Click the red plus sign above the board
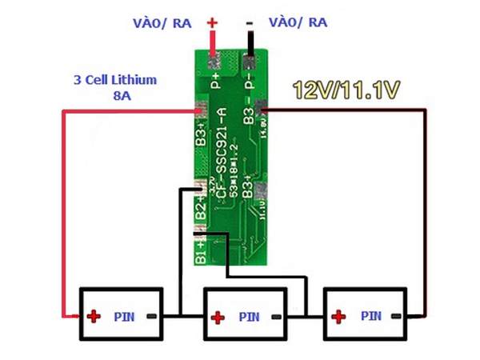tap(212, 22)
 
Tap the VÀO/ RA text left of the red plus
tap(160, 23)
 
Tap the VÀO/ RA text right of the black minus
tap(298, 22)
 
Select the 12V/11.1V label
tap(346, 90)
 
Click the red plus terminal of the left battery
tap(94, 317)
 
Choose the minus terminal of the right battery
tap(399, 317)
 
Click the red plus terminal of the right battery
tap(340, 317)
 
